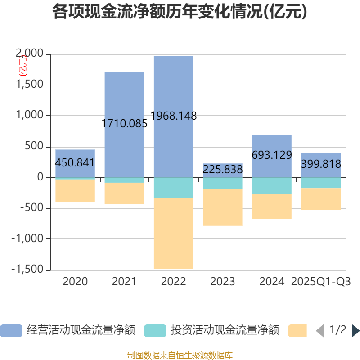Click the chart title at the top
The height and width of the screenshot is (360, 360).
(x=180, y=12)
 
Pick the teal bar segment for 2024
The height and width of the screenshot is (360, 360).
(x=271, y=186)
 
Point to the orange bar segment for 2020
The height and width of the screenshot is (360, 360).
(x=75, y=191)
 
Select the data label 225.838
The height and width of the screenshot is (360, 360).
(x=223, y=170)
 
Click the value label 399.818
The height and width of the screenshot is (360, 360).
(x=321, y=164)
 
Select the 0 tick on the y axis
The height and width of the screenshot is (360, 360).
(x=40, y=177)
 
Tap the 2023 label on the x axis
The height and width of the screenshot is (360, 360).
(x=223, y=282)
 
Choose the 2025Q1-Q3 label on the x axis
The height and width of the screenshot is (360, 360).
(x=321, y=282)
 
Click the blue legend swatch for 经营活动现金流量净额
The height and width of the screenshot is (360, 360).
(x=11, y=331)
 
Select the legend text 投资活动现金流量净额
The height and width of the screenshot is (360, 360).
(x=225, y=331)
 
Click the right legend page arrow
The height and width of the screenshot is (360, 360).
(x=355, y=331)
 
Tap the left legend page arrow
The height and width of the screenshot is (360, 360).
(x=319, y=331)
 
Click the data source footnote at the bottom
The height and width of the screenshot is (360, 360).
(x=180, y=355)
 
